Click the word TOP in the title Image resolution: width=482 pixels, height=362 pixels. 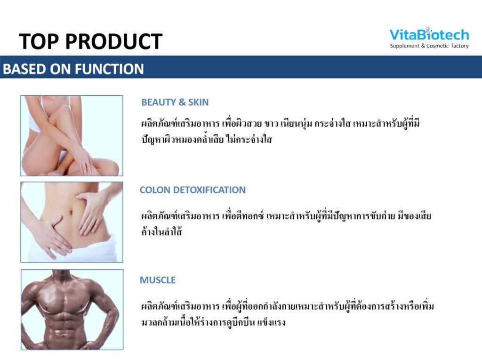pos(39,41)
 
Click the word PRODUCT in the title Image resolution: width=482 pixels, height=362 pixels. pos(114,41)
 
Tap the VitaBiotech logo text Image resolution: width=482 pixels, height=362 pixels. pos(429,34)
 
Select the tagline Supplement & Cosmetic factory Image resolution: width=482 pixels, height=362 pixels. pos(429,46)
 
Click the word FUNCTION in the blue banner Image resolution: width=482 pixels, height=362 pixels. pos(109,69)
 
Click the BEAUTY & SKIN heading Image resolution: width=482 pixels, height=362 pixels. pos(175,102)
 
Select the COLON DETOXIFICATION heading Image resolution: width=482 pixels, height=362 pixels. pos(193,190)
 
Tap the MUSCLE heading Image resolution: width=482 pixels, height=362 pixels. pos(158,280)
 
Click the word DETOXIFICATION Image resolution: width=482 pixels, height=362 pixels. pos(209,190)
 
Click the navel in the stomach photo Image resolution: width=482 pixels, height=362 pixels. pos(72,213)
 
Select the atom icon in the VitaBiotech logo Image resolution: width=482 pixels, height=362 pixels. pos(429,30)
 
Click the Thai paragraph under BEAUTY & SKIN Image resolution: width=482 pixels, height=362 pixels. pos(281,132)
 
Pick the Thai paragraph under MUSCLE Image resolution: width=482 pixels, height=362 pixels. pos(288,314)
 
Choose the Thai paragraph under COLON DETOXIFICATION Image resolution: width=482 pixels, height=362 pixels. pos(286,223)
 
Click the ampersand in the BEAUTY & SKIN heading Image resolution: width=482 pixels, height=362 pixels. pos(182,102)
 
